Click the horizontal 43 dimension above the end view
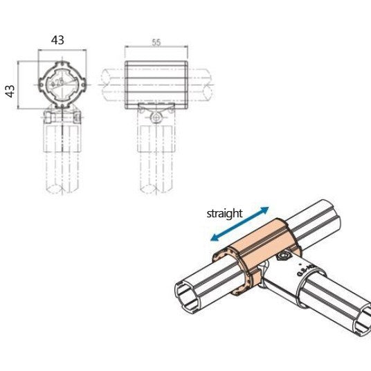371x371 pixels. [x=58, y=40]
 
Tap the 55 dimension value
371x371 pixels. [x=156, y=43]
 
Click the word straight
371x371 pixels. [x=225, y=213]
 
